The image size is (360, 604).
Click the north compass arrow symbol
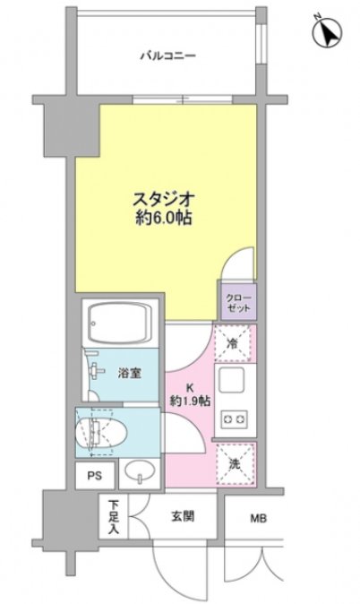pyautogui.click(x=330, y=32)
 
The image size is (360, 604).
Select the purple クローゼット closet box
pyautogui.click(x=236, y=301)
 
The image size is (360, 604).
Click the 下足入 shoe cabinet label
pyautogui.click(x=114, y=517)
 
